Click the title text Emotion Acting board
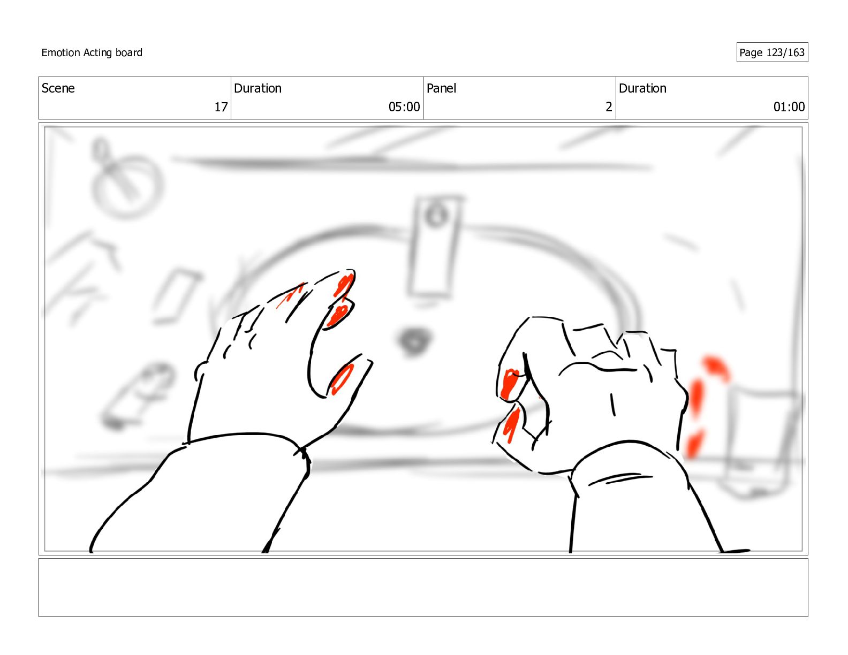click(92, 52)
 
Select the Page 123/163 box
click(772, 52)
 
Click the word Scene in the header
click(58, 88)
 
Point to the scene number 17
click(221, 106)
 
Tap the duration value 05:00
click(404, 106)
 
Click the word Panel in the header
click(441, 88)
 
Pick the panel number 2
click(609, 106)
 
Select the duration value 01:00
click(789, 106)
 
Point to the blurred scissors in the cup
click(117, 167)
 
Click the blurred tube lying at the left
click(137, 396)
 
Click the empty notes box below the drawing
click(423, 588)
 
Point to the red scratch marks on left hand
click(290, 295)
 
